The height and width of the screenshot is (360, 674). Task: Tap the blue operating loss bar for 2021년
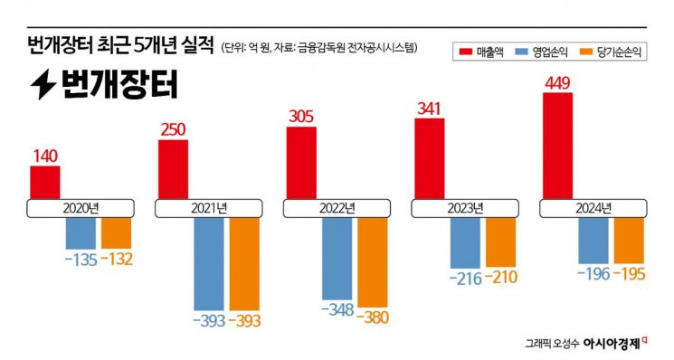[208, 262]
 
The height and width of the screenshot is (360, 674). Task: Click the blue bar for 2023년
[465, 242]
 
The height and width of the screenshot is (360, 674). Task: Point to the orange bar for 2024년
[628, 239]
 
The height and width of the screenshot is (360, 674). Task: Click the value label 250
[173, 130]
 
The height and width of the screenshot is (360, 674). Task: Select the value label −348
[337, 310]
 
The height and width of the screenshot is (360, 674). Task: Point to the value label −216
[465, 276]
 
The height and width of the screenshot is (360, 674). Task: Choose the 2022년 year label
[337, 208]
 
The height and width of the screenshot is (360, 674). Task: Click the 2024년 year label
[593, 208]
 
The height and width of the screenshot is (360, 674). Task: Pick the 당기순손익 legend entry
[615, 52]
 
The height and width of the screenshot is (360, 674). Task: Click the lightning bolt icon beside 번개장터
[42, 85]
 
